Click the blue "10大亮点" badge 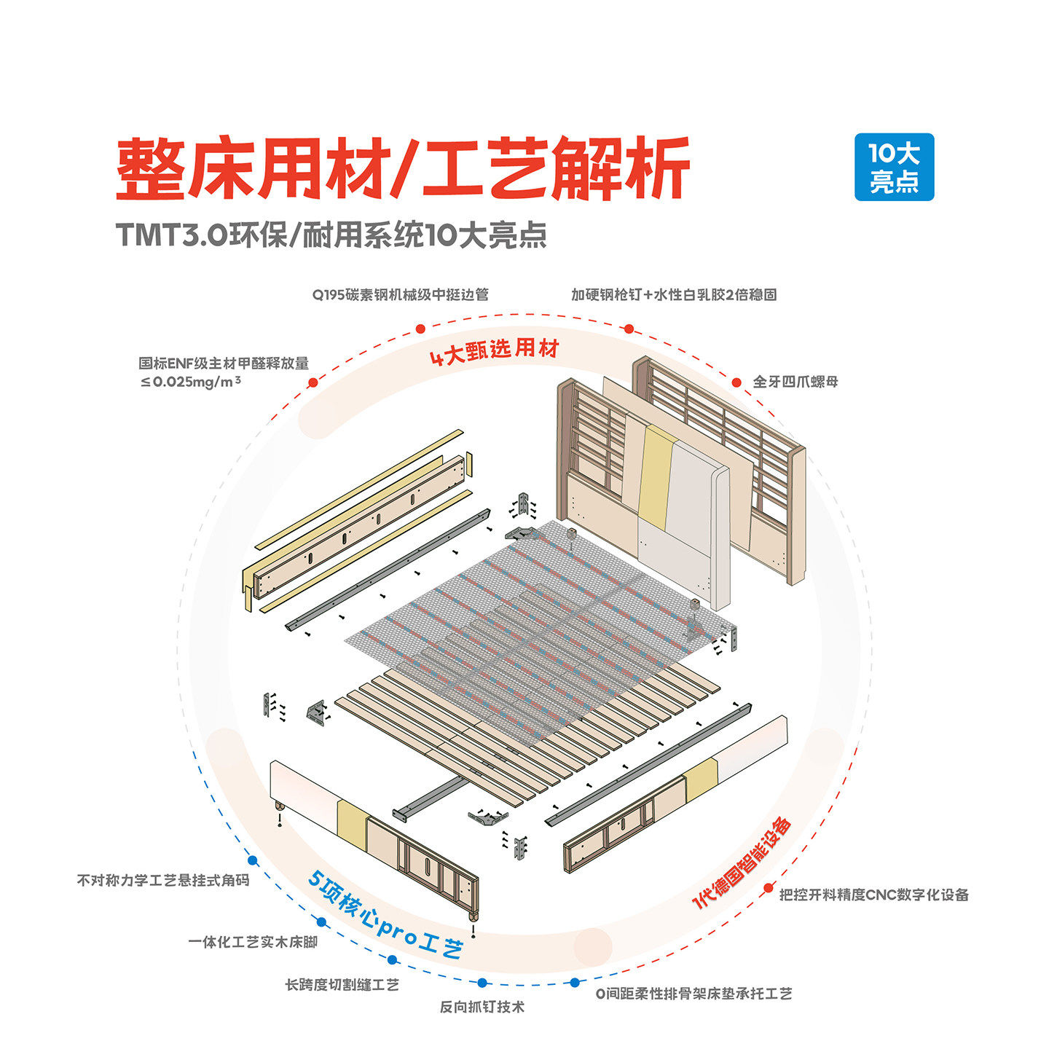click(x=894, y=167)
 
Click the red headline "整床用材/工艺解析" click(x=403, y=169)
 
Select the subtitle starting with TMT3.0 click(x=331, y=235)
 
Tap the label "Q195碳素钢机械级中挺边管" click(x=401, y=294)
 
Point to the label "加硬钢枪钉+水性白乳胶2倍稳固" click(x=674, y=294)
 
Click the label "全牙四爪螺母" click(x=795, y=382)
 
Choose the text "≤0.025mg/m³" click(x=191, y=381)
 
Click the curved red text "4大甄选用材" click(x=495, y=351)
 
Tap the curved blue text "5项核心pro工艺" click(x=385, y=917)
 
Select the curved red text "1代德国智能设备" click(x=742, y=864)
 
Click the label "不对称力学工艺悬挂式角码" click(x=163, y=880)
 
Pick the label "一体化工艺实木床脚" click(x=253, y=942)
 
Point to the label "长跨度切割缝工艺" click(x=342, y=985)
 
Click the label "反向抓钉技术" click(x=482, y=1007)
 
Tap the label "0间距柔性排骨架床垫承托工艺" click(x=694, y=994)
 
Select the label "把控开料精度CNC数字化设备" click(x=874, y=895)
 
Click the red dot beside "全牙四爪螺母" click(x=737, y=382)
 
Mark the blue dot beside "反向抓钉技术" click(x=482, y=983)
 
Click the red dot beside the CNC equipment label click(x=768, y=889)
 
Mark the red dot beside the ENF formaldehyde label click(x=313, y=382)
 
